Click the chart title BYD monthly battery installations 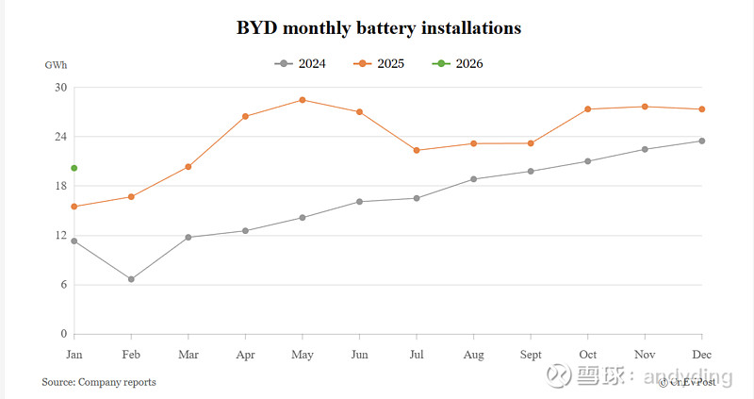pos(378,28)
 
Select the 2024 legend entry pos(301,63)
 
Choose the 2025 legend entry pos(380,63)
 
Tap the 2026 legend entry pos(459,63)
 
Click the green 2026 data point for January pos(74,168)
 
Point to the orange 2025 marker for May pos(302,99)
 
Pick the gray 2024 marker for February pos(131,279)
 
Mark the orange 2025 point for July pos(417,150)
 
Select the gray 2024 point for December pos(701,141)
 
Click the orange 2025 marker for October pos(588,109)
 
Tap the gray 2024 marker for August pos(473,178)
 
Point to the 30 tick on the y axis pos(61,88)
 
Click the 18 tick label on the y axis pos(61,186)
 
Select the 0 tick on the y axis pos(64,334)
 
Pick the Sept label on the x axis pos(531,355)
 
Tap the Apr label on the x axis pos(245,355)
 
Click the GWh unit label pos(56,66)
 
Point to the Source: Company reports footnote pos(99,382)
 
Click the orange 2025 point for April pos(245,116)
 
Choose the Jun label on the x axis pos(359,355)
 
